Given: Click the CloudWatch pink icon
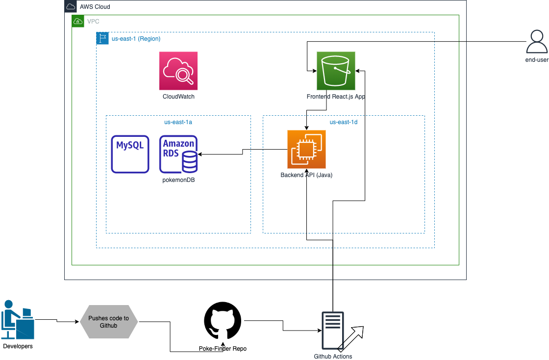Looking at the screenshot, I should tap(178, 71).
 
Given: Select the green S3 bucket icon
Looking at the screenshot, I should tap(336, 71).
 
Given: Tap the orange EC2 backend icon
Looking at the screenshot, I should tap(306, 149).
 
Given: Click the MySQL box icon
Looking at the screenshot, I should tap(130, 154).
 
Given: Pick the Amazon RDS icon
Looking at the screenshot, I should tap(178, 154).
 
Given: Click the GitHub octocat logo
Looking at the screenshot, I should tap(223, 321).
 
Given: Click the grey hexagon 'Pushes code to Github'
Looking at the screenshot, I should tap(108, 322).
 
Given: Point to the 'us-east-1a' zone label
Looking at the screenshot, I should tap(178, 122).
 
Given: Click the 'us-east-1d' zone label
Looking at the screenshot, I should tap(343, 122).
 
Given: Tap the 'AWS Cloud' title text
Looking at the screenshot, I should tap(95, 7).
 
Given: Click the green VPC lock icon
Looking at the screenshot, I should tap(77, 21).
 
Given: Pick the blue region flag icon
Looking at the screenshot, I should tap(102, 38).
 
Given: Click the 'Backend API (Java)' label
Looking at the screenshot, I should tap(306, 175).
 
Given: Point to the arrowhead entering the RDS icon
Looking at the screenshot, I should tap(200, 154).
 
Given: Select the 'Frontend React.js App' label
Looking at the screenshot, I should tap(336, 97).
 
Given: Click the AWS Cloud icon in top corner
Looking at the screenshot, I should tap(71, 6).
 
